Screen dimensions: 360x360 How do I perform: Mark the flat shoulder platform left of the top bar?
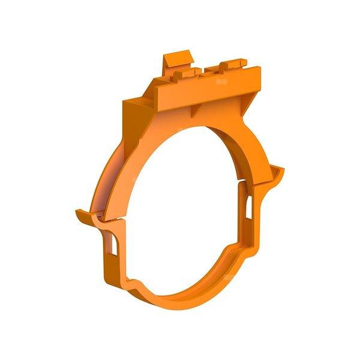[x=136, y=105]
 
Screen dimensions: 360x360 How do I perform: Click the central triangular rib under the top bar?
[x=196, y=108]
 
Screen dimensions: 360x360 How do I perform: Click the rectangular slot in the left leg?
[x=112, y=245]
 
